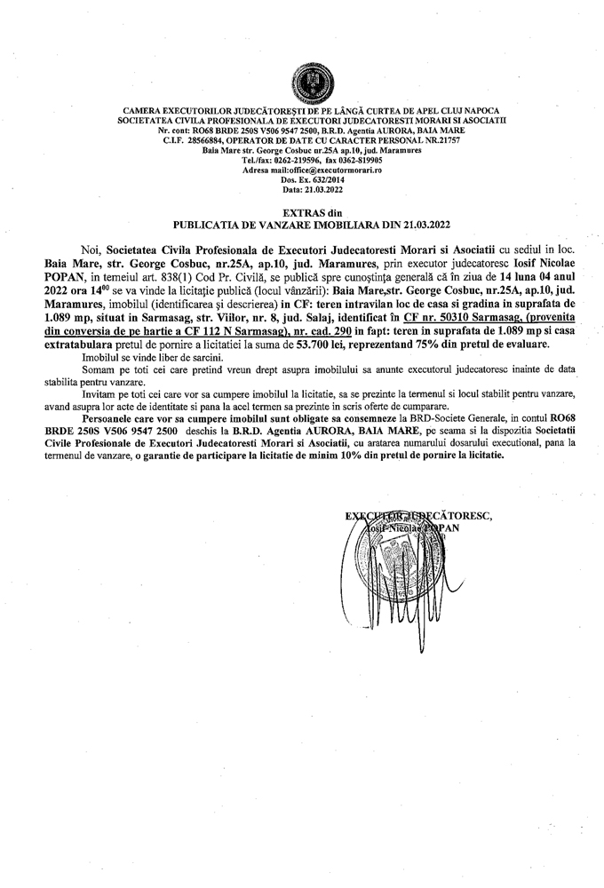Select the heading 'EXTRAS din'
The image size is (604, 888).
(302, 213)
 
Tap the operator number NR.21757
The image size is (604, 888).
(397, 140)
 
